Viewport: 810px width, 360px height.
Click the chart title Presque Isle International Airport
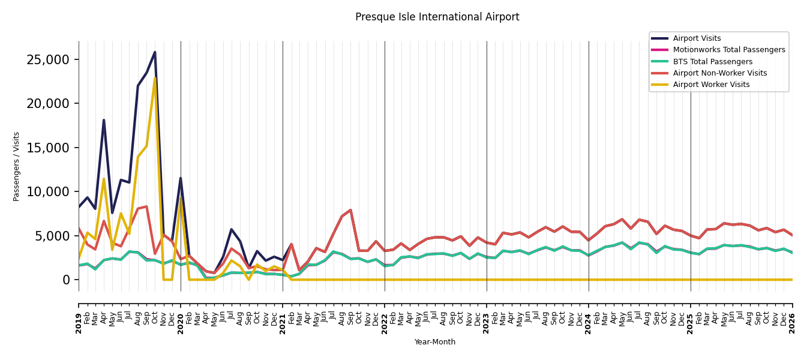pos(437,17)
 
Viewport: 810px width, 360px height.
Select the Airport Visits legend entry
pos(686,38)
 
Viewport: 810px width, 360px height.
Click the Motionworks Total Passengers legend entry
pos(718,50)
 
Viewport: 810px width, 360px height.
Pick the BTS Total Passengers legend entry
pos(701,61)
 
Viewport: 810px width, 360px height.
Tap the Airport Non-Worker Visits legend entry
pos(709,73)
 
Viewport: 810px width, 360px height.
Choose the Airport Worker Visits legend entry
pos(700,85)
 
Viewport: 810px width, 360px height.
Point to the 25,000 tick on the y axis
pos(48,59)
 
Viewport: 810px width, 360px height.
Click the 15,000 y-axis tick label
pos(48,148)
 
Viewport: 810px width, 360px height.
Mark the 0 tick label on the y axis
pos(66,280)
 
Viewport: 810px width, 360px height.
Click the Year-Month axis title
pos(434,342)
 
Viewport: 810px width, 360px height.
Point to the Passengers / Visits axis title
pos(16,167)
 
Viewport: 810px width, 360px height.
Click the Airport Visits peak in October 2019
pos(155,52)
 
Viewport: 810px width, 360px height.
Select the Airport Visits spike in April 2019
pos(104,120)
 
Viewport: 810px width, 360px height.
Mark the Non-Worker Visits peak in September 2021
pos(350,210)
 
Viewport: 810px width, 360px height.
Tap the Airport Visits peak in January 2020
pos(181,178)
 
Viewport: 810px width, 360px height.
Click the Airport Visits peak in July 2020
pos(232,229)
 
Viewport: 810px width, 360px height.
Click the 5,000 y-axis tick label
pos(52,236)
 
